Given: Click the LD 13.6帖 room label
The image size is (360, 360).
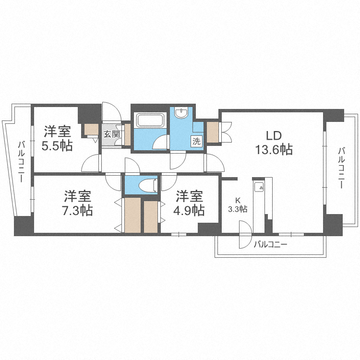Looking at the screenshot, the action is [274, 143].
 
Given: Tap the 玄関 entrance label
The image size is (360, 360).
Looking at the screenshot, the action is [112, 134].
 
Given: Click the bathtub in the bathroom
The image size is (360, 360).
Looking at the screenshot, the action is [151, 120].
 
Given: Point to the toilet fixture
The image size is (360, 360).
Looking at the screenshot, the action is [148, 185].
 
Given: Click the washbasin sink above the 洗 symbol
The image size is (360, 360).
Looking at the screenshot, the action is [181, 112].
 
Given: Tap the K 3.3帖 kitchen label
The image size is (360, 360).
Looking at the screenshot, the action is [238, 205].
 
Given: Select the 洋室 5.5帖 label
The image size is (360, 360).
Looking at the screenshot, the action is [58, 138].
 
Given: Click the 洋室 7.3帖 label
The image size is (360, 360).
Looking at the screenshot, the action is [78, 203].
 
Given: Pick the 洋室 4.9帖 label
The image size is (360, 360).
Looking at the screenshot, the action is [189, 203].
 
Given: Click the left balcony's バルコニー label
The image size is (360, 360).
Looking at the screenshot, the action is [21, 162].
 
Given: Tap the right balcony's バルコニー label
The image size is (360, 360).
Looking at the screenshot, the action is [341, 168].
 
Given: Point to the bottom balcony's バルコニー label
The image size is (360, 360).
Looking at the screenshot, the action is [270, 244].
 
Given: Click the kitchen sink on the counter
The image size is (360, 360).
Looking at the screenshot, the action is [259, 188].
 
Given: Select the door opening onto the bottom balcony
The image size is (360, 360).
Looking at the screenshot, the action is [245, 234].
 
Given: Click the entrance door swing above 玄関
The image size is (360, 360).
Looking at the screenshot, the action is [111, 111].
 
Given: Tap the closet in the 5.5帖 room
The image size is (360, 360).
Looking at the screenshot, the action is [91, 130].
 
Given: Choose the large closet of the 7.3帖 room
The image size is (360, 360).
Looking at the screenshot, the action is [132, 215].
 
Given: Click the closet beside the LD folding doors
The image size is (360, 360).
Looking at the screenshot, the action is [213, 132].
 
